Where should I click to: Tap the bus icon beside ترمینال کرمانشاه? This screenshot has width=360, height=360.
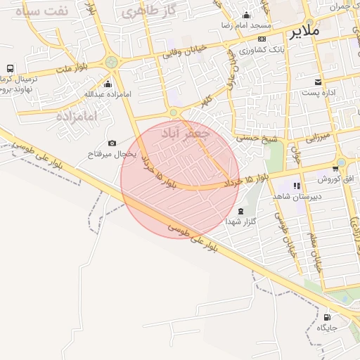pyautogui.click(x=10, y=68)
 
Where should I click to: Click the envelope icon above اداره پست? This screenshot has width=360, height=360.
pyautogui.click(x=318, y=82)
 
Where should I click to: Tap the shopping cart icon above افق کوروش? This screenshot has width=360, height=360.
pyautogui.click(x=335, y=168)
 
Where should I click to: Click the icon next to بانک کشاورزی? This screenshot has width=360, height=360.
pyautogui.click(x=262, y=39)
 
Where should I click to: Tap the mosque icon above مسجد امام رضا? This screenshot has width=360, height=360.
pyautogui.click(x=245, y=15)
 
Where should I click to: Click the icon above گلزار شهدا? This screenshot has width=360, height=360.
pyautogui.click(x=241, y=211)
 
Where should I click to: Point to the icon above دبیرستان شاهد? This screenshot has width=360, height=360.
pyautogui.click(x=296, y=186)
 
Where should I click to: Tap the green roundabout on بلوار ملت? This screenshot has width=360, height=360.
pyautogui.click(x=111, y=63)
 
